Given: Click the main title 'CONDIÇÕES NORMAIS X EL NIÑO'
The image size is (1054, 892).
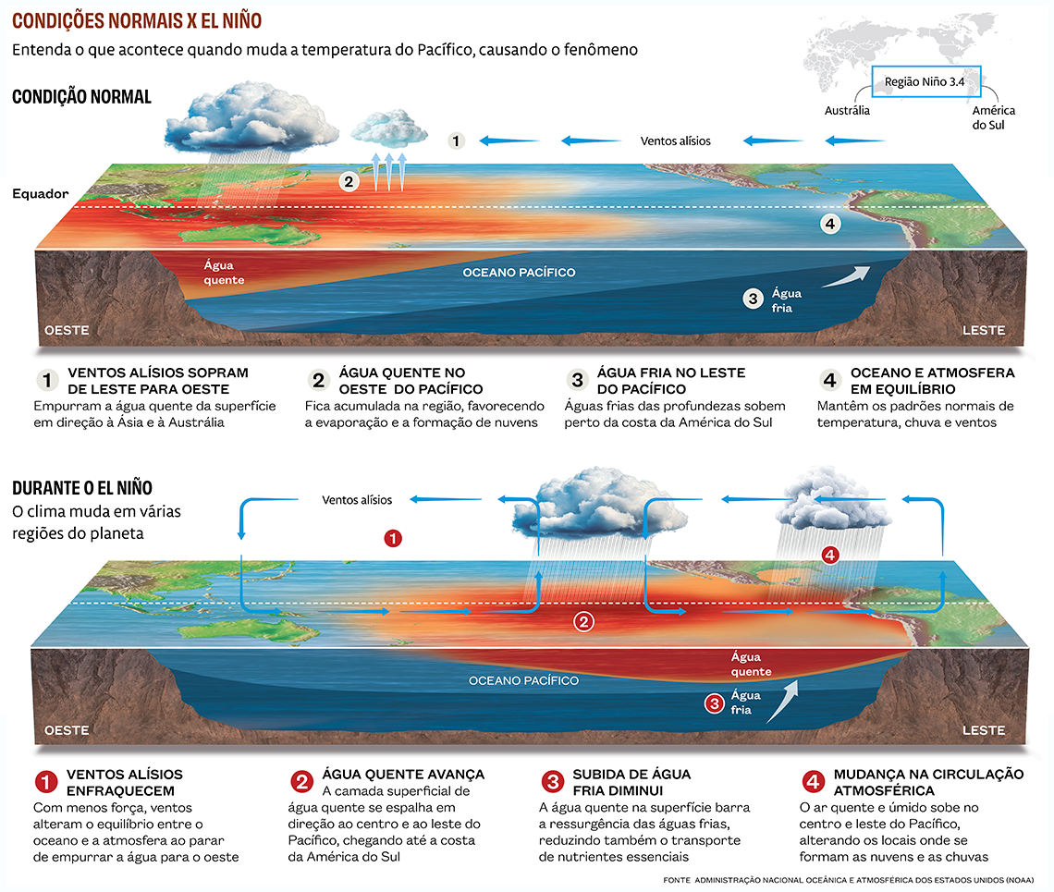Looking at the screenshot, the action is [137, 21].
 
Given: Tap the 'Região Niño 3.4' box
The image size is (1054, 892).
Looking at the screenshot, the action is [925, 81].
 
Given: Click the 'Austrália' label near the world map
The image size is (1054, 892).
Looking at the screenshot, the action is [847, 110].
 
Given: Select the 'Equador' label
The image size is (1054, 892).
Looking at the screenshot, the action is [41, 193].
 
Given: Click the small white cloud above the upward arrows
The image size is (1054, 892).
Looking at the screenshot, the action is [389, 128].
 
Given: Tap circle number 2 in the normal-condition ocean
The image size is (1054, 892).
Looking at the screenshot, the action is [349, 181].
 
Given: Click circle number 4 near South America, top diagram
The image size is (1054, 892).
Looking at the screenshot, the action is [830, 224].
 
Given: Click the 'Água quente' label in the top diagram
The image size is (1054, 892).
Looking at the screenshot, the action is [224, 273].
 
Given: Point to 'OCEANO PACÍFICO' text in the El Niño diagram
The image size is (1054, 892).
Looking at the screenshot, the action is [523, 680].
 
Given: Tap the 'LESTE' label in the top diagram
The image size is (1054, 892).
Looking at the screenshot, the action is [984, 330].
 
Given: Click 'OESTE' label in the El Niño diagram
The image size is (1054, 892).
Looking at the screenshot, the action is [67, 730].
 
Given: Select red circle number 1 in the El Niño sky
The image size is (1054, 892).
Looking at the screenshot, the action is [393, 538].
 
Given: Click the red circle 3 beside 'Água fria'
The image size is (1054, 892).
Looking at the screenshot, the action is [713, 703].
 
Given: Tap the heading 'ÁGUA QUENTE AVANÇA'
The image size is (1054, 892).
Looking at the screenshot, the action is [403, 775].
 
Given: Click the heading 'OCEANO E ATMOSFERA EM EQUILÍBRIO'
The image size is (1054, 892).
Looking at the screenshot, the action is [932, 381].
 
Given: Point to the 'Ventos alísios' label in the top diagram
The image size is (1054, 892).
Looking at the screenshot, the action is [675, 141].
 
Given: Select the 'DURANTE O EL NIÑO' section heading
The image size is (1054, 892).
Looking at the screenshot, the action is [82, 487].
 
